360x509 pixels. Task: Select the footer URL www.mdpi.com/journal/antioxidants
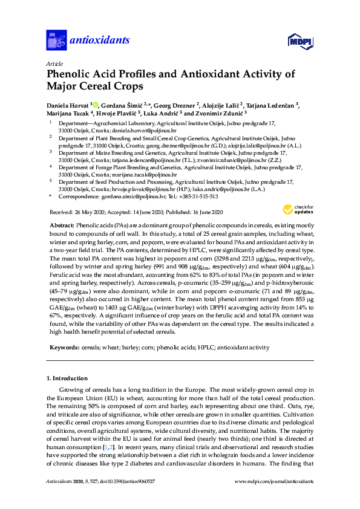274,497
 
